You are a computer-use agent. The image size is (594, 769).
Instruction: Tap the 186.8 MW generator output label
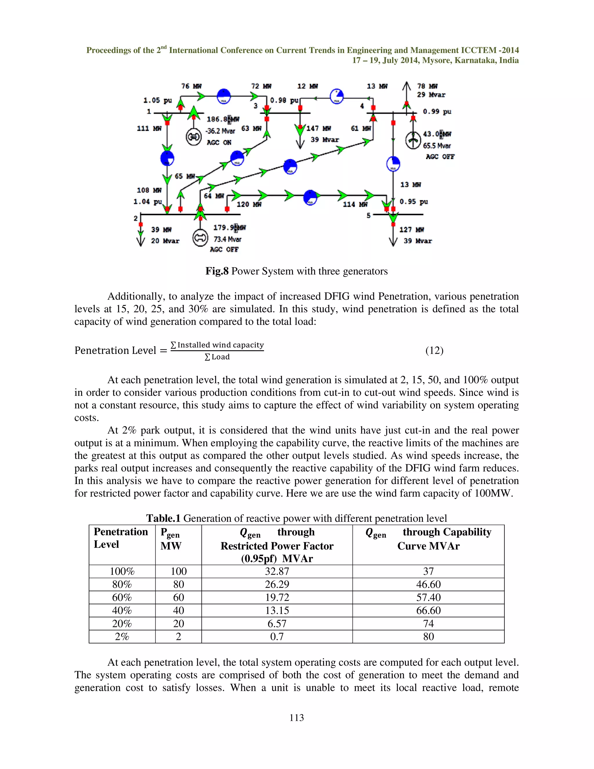[x=223, y=119]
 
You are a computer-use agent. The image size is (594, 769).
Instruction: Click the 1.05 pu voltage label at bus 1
[x=157, y=100]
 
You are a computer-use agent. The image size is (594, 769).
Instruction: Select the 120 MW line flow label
[x=249, y=204]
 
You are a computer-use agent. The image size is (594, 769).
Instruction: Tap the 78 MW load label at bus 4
[x=427, y=86]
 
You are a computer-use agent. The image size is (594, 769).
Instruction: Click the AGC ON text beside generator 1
[x=219, y=142]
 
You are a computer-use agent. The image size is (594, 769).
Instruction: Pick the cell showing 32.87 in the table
[x=277, y=571]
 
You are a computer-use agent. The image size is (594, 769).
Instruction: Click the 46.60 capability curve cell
[x=428, y=584]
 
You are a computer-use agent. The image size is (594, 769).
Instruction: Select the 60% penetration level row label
[x=122, y=597]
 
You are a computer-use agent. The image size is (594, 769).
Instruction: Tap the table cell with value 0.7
[x=277, y=636]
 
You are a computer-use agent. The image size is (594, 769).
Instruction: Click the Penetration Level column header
[x=121, y=538]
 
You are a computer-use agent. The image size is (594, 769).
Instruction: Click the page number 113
[x=297, y=718]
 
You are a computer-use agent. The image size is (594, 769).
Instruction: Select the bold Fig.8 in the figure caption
[x=217, y=271]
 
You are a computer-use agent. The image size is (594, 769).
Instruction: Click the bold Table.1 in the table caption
[x=163, y=518]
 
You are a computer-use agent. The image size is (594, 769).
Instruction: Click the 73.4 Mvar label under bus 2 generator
[x=227, y=239]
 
